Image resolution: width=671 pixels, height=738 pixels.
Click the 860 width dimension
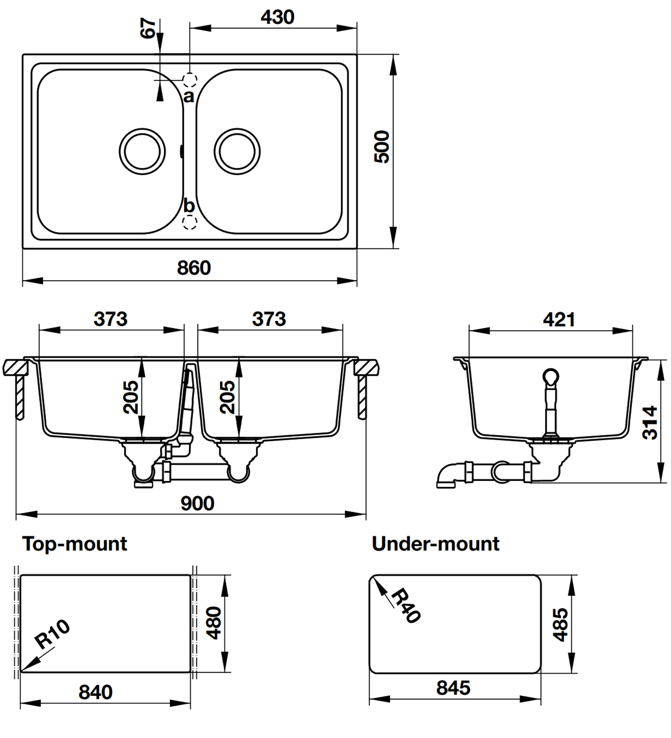pyautogui.click(x=194, y=268)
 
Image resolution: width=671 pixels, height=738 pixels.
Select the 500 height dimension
pyautogui.click(x=382, y=147)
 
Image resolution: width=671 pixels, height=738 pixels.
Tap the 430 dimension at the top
pyautogui.click(x=278, y=17)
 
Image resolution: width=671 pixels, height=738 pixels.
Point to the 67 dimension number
pyautogui.click(x=148, y=28)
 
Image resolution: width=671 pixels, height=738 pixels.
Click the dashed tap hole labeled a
pyautogui.click(x=190, y=79)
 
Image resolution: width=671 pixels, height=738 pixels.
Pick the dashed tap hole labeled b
pyautogui.click(x=190, y=222)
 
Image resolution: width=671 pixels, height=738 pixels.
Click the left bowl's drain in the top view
pyautogui.click(x=142, y=151)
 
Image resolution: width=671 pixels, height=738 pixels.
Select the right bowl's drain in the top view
pyautogui.click(x=237, y=151)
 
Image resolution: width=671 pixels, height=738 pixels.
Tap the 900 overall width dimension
pyautogui.click(x=197, y=503)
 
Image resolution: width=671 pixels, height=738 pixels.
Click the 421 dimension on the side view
pyautogui.click(x=559, y=320)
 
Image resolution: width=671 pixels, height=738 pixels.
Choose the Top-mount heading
pyautogui.click(x=75, y=544)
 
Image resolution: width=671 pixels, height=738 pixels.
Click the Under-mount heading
pyautogui.click(x=435, y=544)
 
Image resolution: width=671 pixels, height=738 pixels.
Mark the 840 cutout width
pyautogui.click(x=96, y=692)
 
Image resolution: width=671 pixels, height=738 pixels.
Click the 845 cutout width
pyautogui.click(x=453, y=688)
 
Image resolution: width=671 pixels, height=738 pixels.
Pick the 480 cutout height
pyautogui.click(x=214, y=623)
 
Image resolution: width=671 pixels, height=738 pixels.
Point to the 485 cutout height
pyautogui.click(x=560, y=625)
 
